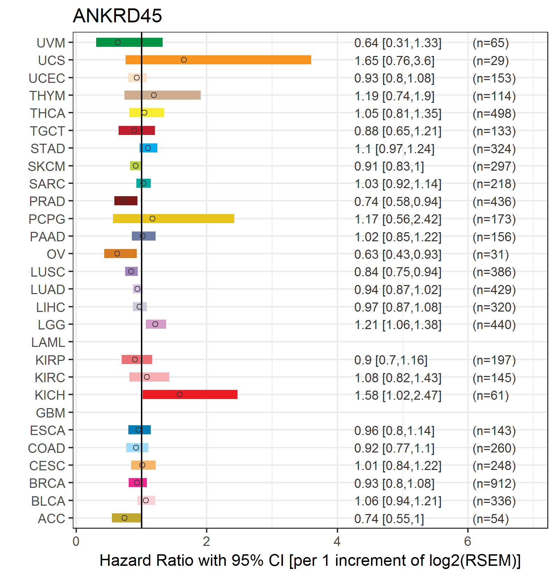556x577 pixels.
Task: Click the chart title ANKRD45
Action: [117, 16]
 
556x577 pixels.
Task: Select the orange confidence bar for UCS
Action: [218, 60]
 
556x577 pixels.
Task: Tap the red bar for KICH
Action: [190, 394]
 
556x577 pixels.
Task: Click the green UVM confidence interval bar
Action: [129, 42]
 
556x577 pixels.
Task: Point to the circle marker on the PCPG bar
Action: [152, 219]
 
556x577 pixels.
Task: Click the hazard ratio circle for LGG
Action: [155, 324]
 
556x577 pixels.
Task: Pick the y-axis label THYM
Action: [47, 95]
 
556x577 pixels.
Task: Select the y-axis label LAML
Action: [48, 342]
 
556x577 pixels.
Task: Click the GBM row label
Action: [51, 413]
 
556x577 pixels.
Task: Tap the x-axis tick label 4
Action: [337, 541]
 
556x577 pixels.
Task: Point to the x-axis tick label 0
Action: [76, 541]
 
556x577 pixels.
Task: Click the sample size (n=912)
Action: [494, 483]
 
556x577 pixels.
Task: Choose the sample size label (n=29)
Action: [491, 60]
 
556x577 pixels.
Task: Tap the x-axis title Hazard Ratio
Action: [147, 560]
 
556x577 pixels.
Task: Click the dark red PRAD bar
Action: [126, 201]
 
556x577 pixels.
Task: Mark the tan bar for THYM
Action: [163, 95]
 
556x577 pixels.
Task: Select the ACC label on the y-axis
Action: [51, 518]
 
